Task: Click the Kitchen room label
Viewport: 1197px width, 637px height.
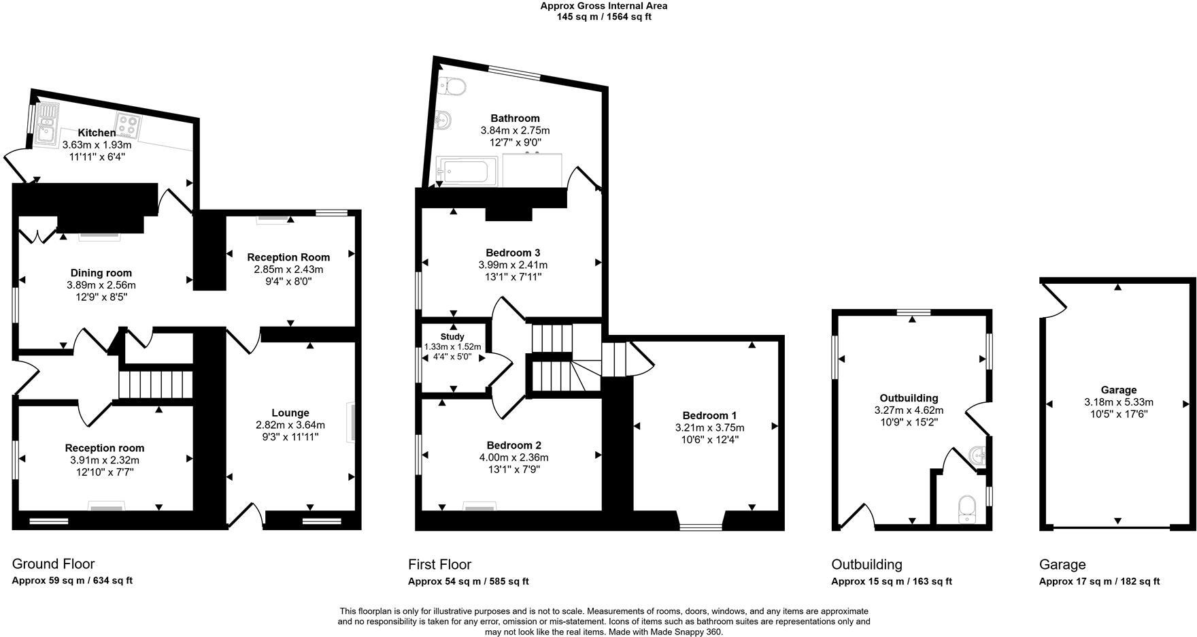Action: [97, 133]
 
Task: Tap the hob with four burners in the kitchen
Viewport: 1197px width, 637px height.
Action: [129, 124]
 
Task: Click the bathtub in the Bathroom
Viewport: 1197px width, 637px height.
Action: [466, 171]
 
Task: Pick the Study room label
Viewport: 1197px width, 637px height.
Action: [452, 337]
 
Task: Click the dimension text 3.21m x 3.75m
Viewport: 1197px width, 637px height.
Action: [709, 427]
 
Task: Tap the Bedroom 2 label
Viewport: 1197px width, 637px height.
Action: [513, 445]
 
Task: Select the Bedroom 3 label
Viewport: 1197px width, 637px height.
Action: [513, 252]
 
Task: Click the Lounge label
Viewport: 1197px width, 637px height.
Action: [290, 412]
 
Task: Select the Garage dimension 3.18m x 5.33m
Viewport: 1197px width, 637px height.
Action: [1118, 402]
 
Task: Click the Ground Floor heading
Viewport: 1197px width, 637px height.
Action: [53, 563]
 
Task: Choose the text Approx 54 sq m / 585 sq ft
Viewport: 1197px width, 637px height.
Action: [468, 581]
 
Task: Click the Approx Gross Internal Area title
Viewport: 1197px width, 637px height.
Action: [603, 6]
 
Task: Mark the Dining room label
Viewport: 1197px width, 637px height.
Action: [101, 273]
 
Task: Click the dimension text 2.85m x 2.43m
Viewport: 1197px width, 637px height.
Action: [288, 269]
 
